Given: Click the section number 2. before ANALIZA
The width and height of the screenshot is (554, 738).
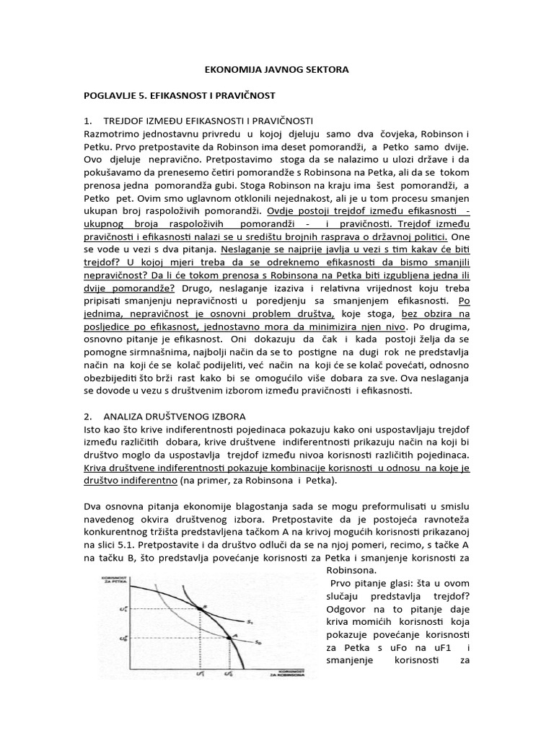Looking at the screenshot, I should tap(89, 417).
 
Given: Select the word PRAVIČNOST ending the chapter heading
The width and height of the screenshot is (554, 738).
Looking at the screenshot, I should tap(245, 94).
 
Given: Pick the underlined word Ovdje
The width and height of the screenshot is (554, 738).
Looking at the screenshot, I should tap(281, 211).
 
